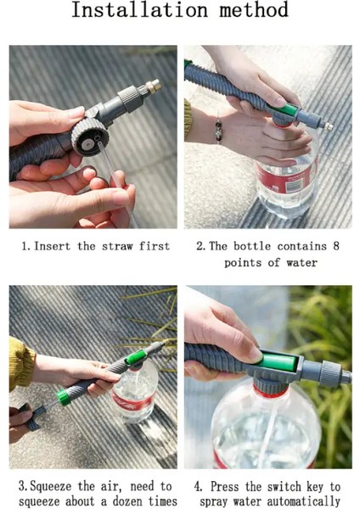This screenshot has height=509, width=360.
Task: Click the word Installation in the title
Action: coord(140,9)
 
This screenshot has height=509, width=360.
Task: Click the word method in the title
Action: coord(254,9)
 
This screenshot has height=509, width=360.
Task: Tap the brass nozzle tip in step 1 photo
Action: coord(154,86)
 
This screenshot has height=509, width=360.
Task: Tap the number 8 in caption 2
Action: coord(335,246)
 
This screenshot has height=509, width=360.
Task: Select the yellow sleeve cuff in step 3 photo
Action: coord(21,364)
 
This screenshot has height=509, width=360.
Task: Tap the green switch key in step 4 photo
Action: coord(278,362)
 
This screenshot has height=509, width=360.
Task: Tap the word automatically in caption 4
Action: coord(303,501)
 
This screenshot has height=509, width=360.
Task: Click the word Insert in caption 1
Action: coord(52,246)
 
